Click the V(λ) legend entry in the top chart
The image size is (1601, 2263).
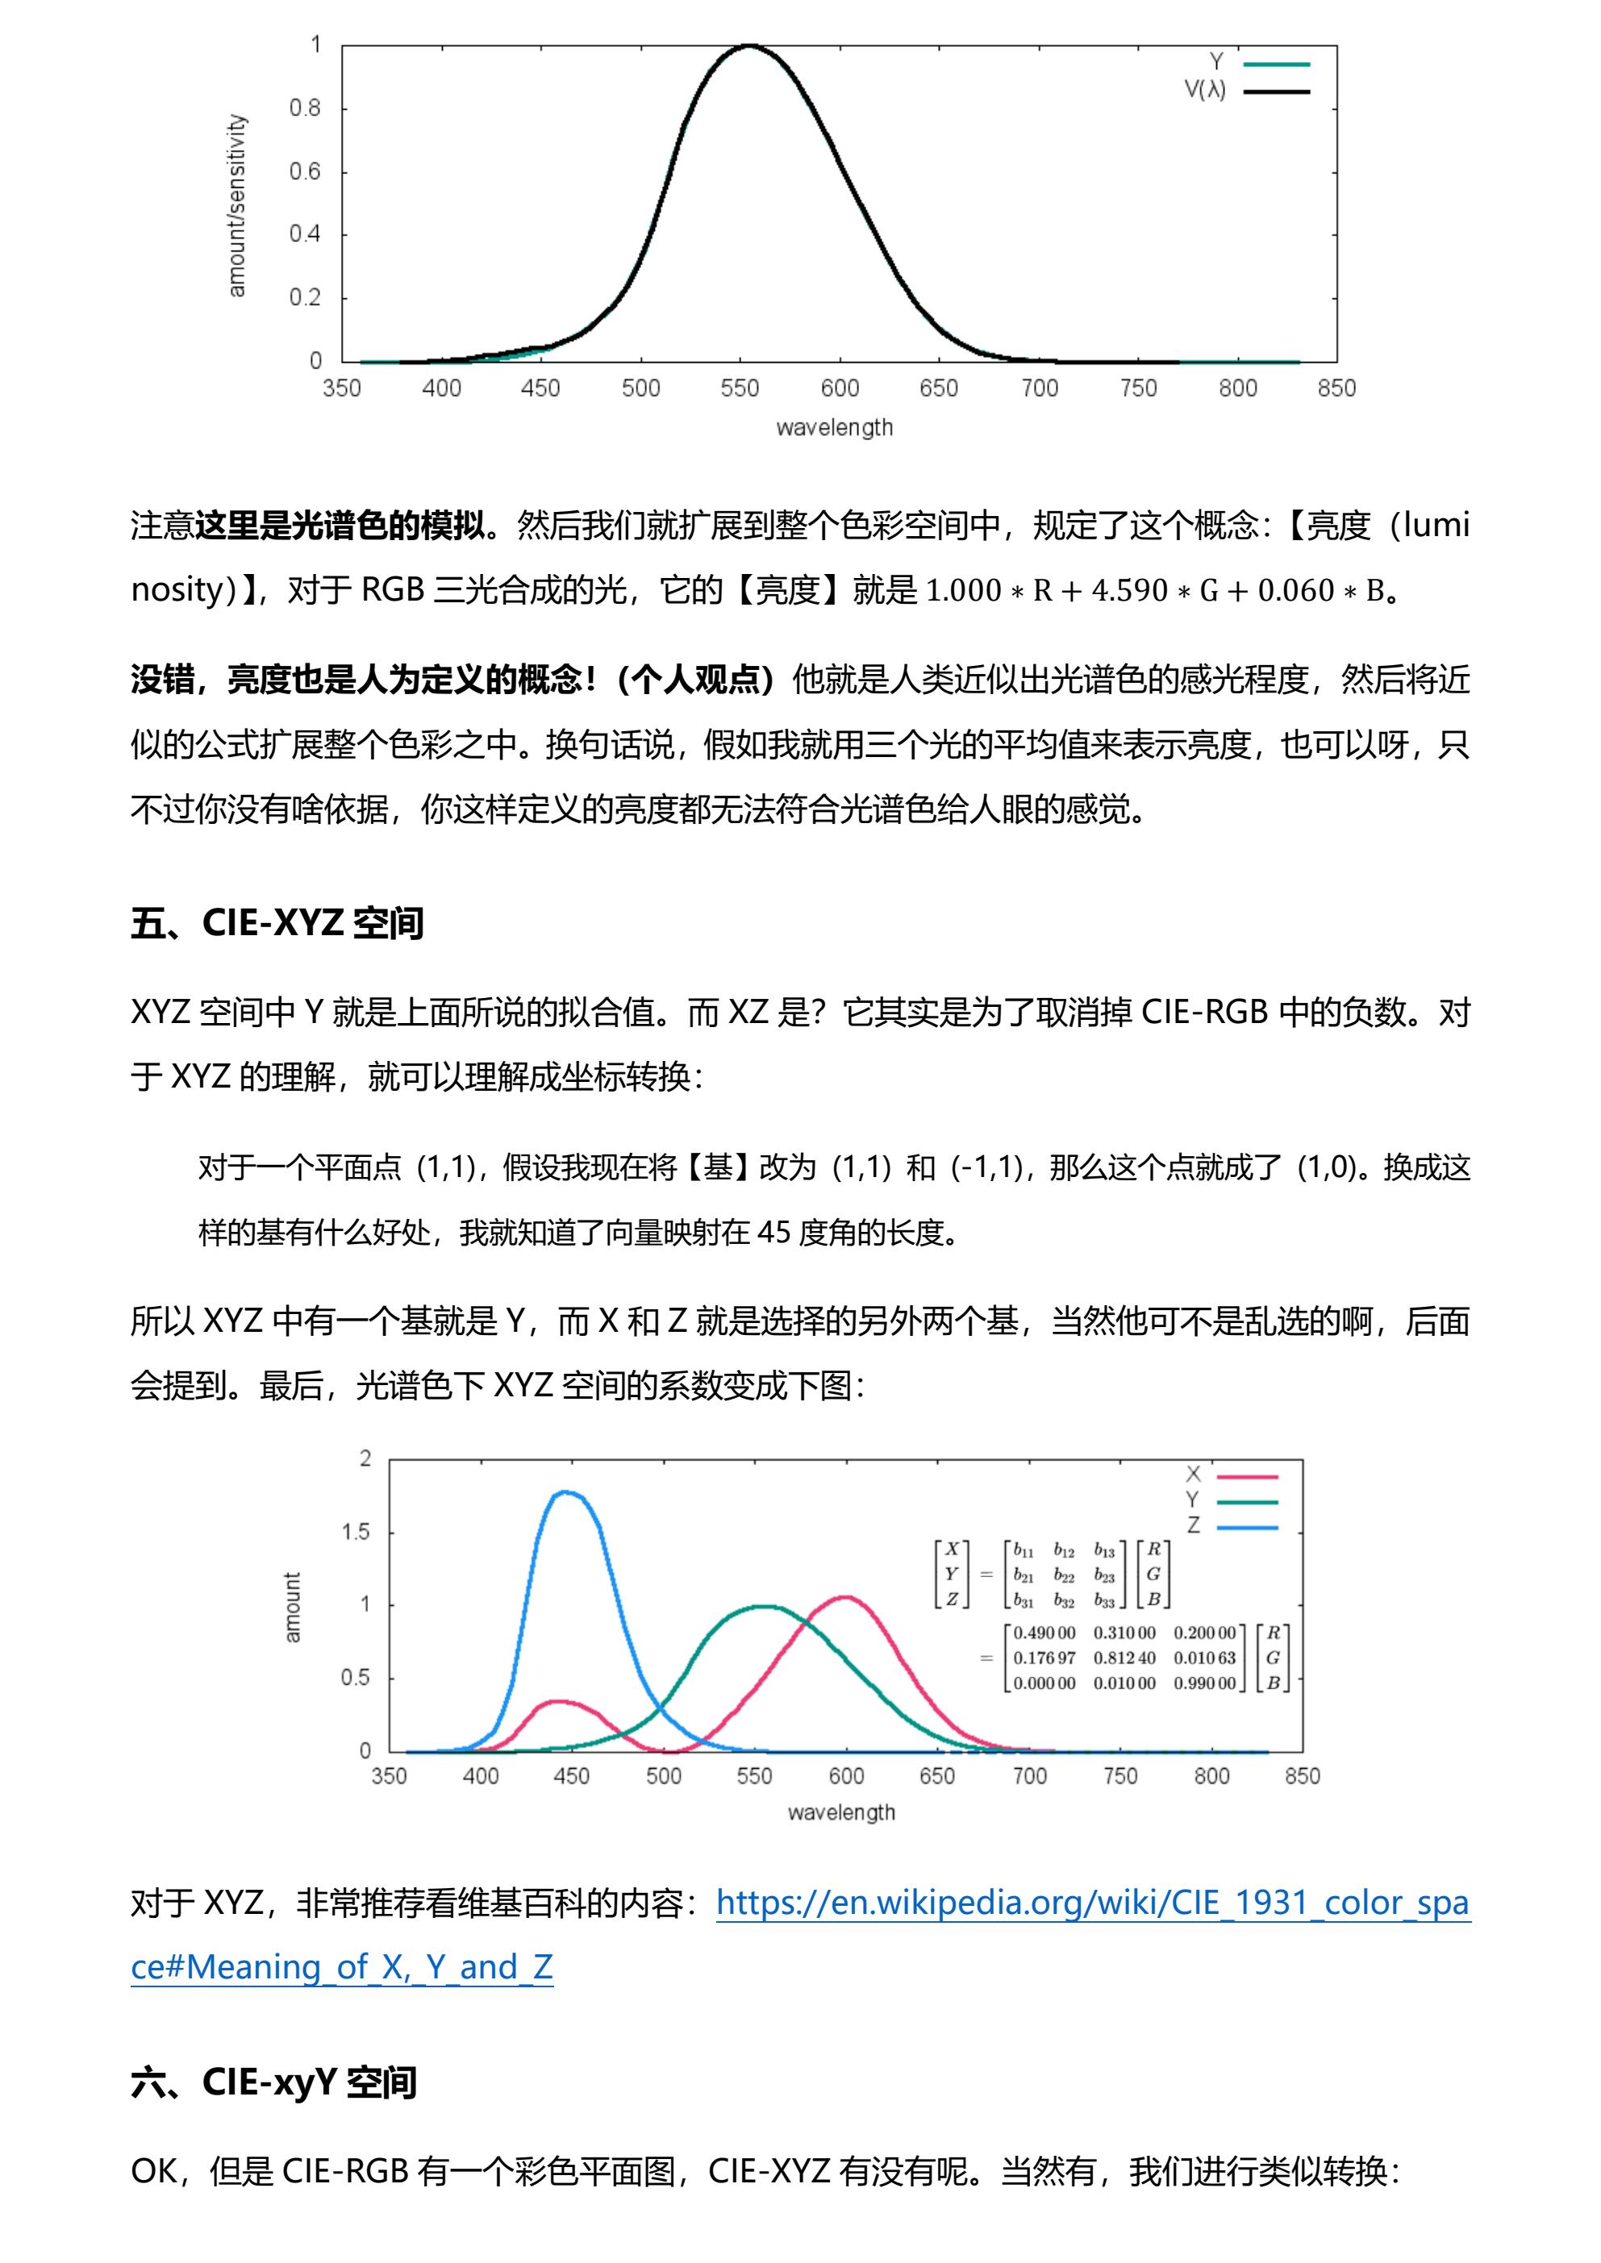(x=1205, y=89)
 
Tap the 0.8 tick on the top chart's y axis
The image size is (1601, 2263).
(x=305, y=108)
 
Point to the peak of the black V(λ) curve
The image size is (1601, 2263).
(x=749, y=45)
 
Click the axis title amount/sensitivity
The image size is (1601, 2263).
(x=236, y=205)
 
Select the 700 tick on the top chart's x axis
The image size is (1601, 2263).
(x=1038, y=389)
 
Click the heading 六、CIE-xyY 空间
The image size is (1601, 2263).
(x=273, y=2082)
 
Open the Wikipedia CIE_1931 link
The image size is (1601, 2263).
(x=1091, y=1903)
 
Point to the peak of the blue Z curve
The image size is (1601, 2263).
(x=567, y=1492)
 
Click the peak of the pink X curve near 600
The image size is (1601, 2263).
(x=846, y=1597)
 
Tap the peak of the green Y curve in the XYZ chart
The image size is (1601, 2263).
(x=761, y=1607)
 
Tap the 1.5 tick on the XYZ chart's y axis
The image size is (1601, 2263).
(x=356, y=1532)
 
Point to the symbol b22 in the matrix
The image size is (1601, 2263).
(x=1064, y=1575)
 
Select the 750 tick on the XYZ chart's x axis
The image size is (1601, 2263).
(x=1120, y=1775)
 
